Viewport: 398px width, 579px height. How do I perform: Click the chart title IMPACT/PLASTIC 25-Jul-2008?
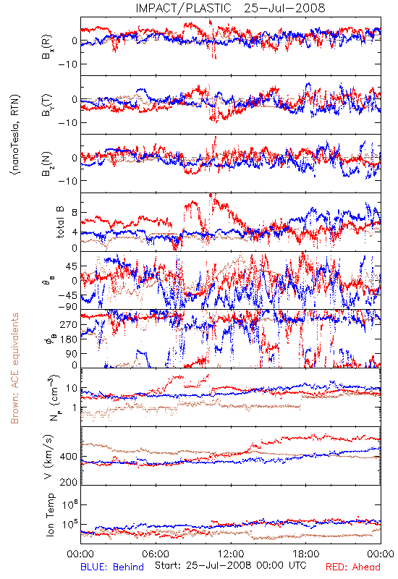pyautogui.click(x=230, y=8)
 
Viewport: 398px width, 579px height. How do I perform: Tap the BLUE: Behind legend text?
pyautogui.click(x=112, y=567)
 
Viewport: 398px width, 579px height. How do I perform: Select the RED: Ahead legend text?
pyautogui.click(x=352, y=567)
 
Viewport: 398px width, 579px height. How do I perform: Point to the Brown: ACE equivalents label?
pyautogui.click(x=14, y=368)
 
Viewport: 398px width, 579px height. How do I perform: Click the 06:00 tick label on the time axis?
pyautogui.click(x=156, y=554)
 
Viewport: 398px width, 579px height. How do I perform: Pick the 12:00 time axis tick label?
pyautogui.click(x=231, y=554)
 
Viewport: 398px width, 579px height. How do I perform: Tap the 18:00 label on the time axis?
pyautogui.click(x=306, y=554)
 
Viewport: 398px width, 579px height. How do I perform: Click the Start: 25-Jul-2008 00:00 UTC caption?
pyautogui.click(x=230, y=565)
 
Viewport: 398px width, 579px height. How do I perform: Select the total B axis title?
pyautogui.click(x=61, y=222)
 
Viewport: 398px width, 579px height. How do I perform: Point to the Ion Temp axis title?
pyautogui.click(x=51, y=515)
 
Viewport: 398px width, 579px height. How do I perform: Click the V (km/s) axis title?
pyautogui.click(x=48, y=457)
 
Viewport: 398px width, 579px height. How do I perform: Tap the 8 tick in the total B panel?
pyautogui.click(x=75, y=213)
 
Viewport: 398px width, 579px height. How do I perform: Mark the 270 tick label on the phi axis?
pyautogui.click(x=69, y=324)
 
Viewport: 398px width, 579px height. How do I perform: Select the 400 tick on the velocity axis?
pyautogui.click(x=69, y=457)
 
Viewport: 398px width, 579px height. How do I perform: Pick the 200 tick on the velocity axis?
pyautogui.click(x=69, y=482)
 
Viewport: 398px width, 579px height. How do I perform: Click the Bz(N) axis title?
pyautogui.click(x=47, y=164)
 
